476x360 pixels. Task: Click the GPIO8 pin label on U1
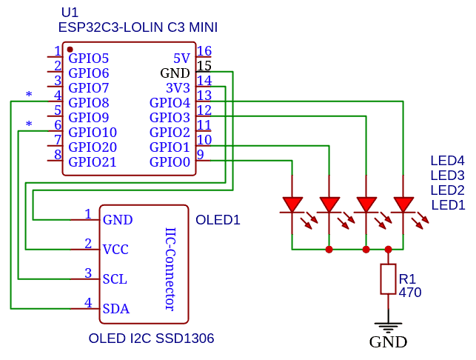click(89, 103)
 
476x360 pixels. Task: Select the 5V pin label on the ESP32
click(181, 59)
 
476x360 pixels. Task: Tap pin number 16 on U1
click(204, 51)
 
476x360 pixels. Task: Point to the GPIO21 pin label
click(93, 162)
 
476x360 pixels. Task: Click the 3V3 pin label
click(178, 88)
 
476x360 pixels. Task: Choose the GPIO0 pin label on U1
click(170, 162)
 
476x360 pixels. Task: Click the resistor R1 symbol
click(388, 279)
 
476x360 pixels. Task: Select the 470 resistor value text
click(409, 293)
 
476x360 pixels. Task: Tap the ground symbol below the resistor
click(388, 324)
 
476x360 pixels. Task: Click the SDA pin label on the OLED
click(115, 309)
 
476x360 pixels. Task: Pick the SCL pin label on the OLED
click(115, 279)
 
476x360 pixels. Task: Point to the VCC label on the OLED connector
click(115, 250)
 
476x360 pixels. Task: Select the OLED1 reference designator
click(218, 220)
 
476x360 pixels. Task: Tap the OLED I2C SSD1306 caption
click(151, 339)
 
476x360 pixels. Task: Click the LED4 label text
click(447, 161)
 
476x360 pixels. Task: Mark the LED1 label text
click(447, 205)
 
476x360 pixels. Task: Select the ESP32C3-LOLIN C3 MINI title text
click(138, 27)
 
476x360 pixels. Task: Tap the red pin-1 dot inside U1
click(70, 49)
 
